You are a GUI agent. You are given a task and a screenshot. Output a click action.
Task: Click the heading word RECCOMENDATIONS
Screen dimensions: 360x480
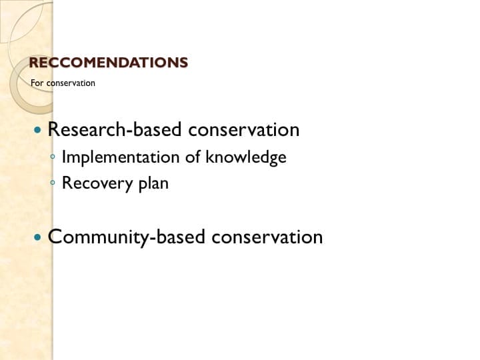coord(109,63)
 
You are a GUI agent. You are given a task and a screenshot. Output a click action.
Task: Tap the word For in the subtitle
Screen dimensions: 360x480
coord(36,83)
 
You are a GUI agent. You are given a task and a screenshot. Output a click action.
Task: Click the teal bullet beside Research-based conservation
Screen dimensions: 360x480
coord(38,129)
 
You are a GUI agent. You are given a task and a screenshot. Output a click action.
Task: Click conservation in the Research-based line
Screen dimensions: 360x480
coord(243,129)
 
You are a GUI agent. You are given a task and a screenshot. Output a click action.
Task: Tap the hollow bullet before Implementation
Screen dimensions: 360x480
coord(53,158)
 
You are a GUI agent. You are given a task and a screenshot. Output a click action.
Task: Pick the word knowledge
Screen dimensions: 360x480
coord(246,157)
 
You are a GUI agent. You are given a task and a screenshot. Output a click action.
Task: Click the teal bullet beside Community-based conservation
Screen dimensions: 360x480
coord(38,237)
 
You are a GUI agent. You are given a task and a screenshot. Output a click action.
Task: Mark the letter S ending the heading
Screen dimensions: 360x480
coord(183,63)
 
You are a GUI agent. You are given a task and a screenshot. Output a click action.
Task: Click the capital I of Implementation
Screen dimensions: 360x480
coord(64,157)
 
